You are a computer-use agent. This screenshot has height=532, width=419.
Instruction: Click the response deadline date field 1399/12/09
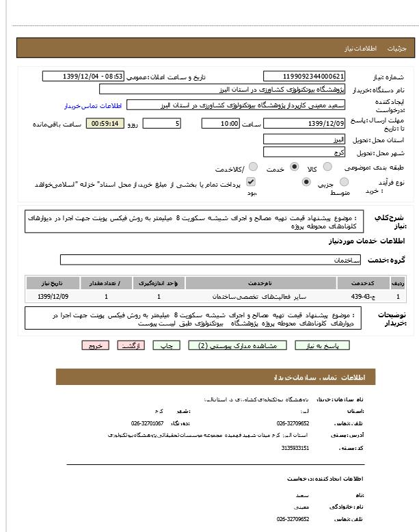[304, 124]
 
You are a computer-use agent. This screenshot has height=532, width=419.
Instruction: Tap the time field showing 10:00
[220, 124]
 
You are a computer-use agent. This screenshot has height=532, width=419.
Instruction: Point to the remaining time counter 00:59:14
[105, 124]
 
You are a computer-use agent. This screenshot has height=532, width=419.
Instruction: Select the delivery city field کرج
[304, 152]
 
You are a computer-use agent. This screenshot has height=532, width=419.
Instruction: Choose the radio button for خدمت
[294, 167]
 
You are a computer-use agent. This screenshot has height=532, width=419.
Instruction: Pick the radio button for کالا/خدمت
[253, 167]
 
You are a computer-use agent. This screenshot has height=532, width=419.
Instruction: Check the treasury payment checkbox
[251, 182]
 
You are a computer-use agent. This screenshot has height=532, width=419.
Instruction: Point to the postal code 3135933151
[295, 448]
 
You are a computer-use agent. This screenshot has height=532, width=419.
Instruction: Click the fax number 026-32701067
[147, 423]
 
